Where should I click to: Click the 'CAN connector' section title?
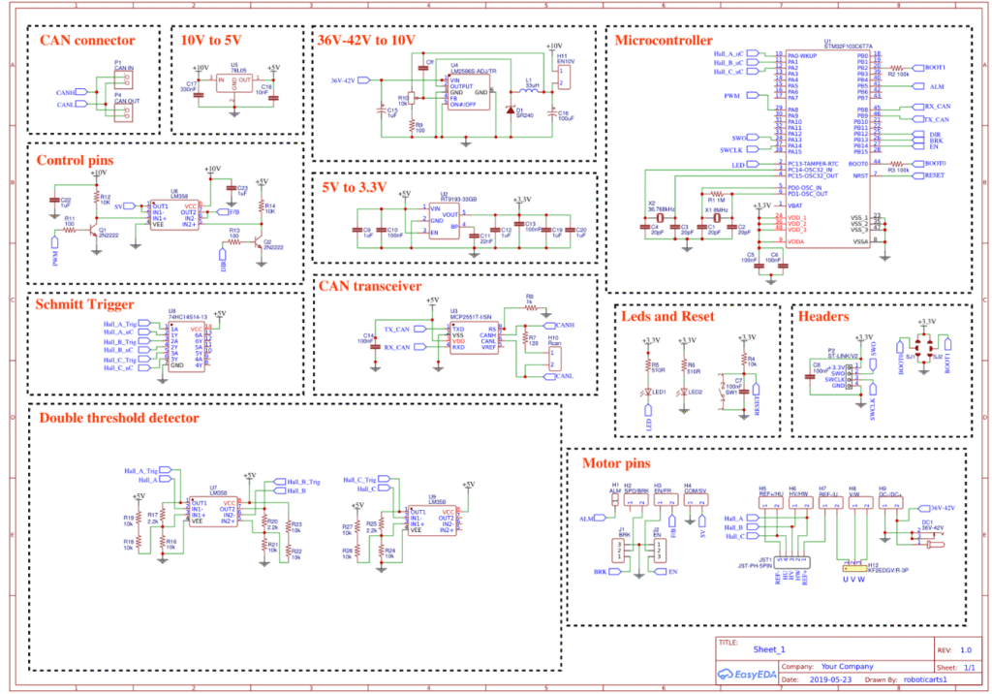[87, 41]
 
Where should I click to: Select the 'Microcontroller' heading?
[664, 40]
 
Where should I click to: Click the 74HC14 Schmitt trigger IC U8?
[186, 345]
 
